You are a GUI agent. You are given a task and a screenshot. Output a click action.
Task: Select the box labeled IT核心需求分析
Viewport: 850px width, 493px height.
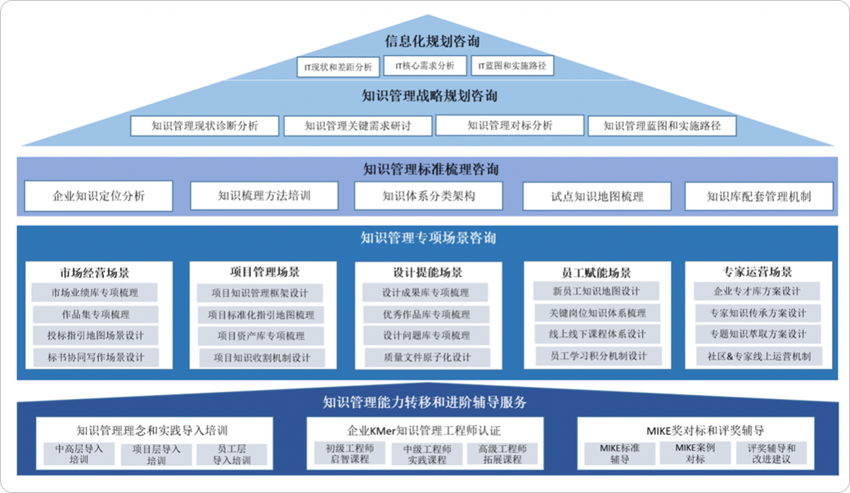[425, 65]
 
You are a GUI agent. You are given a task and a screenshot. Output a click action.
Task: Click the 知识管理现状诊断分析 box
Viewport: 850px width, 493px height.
[205, 126]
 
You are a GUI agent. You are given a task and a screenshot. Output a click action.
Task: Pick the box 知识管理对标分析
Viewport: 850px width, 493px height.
[510, 125]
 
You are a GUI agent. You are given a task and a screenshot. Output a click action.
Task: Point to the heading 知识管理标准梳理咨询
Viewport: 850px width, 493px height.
[431, 170]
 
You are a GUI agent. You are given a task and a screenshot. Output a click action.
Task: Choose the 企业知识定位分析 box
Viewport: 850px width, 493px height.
[98, 196]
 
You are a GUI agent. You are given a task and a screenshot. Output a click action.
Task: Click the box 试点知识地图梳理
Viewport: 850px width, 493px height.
[596, 196]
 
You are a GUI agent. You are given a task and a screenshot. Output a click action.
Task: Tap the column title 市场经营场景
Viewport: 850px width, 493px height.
[94, 272]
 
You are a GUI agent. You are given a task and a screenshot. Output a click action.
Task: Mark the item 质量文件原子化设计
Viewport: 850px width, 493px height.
[426, 357]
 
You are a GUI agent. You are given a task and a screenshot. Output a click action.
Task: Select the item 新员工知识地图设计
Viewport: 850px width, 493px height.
[596, 291]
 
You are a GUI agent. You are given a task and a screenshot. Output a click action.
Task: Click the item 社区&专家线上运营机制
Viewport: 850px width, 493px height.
[758, 356]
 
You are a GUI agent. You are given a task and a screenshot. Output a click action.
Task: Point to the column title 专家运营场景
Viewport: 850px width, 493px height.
[758, 272]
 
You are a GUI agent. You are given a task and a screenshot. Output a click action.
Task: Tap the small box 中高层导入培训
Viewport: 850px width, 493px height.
[79, 455]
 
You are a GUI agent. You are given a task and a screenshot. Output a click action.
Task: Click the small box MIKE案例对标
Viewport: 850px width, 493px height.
[695, 454]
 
